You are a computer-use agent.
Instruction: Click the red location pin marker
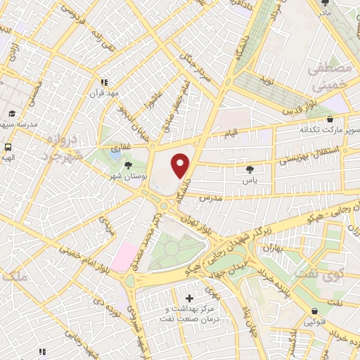[x=181, y=166]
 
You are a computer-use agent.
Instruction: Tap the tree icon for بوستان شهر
[x=127, y=165]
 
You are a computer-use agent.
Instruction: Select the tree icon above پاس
[x=250, y=169]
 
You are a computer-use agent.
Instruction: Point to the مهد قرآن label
[x=104, y=92]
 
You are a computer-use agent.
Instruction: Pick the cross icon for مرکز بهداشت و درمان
[x=189, y=298]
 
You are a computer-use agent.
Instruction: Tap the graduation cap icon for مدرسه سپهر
[x=11, y=114]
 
